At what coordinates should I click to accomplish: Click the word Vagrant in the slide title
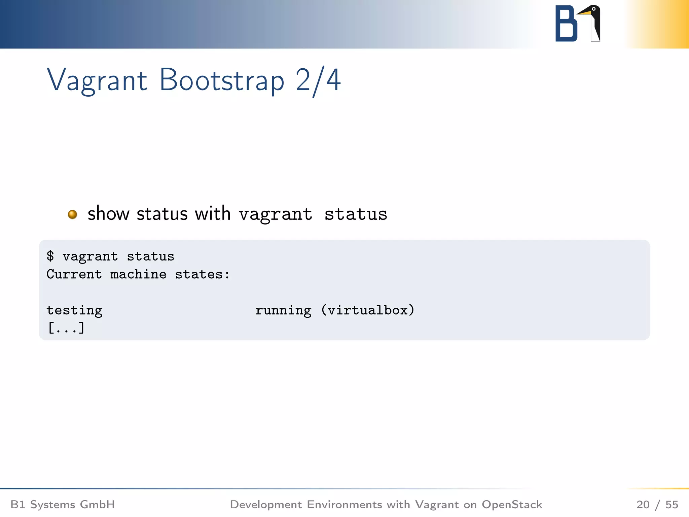(x=97, y=80)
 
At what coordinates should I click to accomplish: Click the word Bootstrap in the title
(x=222, y=80)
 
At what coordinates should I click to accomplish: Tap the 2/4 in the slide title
(x=318, y=80)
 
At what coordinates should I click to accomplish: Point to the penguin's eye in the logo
(x=594, y=9)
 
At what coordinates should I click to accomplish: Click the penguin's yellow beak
(x=584, y=13)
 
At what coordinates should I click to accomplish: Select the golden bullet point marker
(x=72, y=214)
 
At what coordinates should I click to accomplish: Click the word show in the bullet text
(x=108, y=214)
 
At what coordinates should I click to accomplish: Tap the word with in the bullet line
(x=213, y=214)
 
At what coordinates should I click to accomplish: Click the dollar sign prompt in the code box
(x=50, y=256)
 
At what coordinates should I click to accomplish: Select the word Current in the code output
(x=74, y=274)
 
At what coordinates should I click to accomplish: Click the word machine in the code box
(x=138, y=274)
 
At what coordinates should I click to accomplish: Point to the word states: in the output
(x=202, y=274)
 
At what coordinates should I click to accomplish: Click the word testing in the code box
(x=74, y=310)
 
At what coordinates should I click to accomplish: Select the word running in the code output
(x=283, y=310)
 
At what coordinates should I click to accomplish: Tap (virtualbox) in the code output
(x=367, y=310)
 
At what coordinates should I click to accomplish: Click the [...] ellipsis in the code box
(x=66, y=328)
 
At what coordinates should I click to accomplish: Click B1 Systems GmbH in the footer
(x=63, y=505)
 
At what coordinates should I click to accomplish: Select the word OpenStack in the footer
(x=512, y=505)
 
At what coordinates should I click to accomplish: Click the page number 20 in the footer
(x=643, y=505)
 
